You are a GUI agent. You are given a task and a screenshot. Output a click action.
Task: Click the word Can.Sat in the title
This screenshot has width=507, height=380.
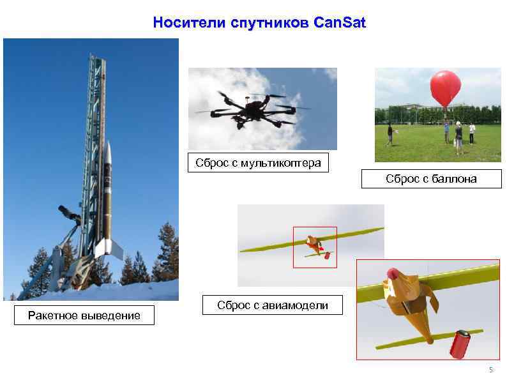click(340, 24)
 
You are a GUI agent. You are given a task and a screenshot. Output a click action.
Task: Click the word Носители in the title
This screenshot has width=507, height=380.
click(181, 24)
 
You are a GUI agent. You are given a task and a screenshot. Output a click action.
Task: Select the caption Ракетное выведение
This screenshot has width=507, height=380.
click(84, 315)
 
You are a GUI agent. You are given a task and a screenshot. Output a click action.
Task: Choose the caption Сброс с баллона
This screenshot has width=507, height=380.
click(431, 179)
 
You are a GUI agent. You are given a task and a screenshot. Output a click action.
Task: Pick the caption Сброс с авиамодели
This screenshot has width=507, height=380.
click(273, 305)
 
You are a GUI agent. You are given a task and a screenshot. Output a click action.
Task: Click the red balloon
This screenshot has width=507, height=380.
click(444, 87)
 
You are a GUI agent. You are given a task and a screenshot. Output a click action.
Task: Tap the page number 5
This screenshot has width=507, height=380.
click(491, 370)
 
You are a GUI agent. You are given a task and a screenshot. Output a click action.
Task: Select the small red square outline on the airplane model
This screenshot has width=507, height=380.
click(314, 247)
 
